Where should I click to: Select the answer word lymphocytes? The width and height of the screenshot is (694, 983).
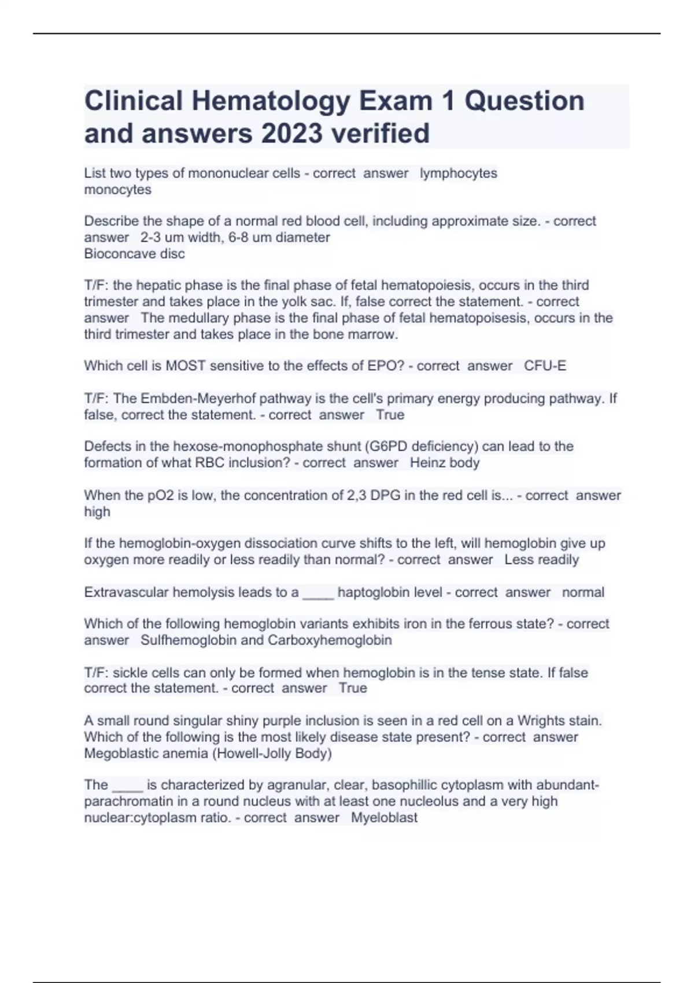[x=458, y=173]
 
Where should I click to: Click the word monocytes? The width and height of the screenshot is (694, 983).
[x=117, y=190]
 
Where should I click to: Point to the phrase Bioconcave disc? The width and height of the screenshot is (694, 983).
[x=134, y=254]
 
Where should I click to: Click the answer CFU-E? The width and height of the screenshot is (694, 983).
[x=545, y=366]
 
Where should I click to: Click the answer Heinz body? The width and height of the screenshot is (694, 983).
[x=445, y=463]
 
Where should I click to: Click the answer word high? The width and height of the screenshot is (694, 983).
[x=97, y=512]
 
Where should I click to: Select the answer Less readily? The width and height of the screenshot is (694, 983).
[x=541, y=560]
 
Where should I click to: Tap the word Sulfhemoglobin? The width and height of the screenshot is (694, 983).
[x=189, y=640]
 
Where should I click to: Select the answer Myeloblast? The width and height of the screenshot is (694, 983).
[x=384, y=818]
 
